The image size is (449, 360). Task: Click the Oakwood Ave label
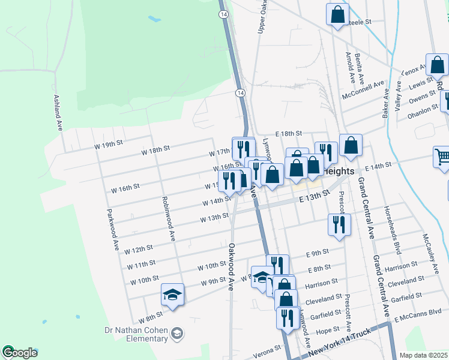231,266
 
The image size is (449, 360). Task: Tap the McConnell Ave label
363,91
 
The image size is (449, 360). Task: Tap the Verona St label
270,348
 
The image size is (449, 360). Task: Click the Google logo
19,353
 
